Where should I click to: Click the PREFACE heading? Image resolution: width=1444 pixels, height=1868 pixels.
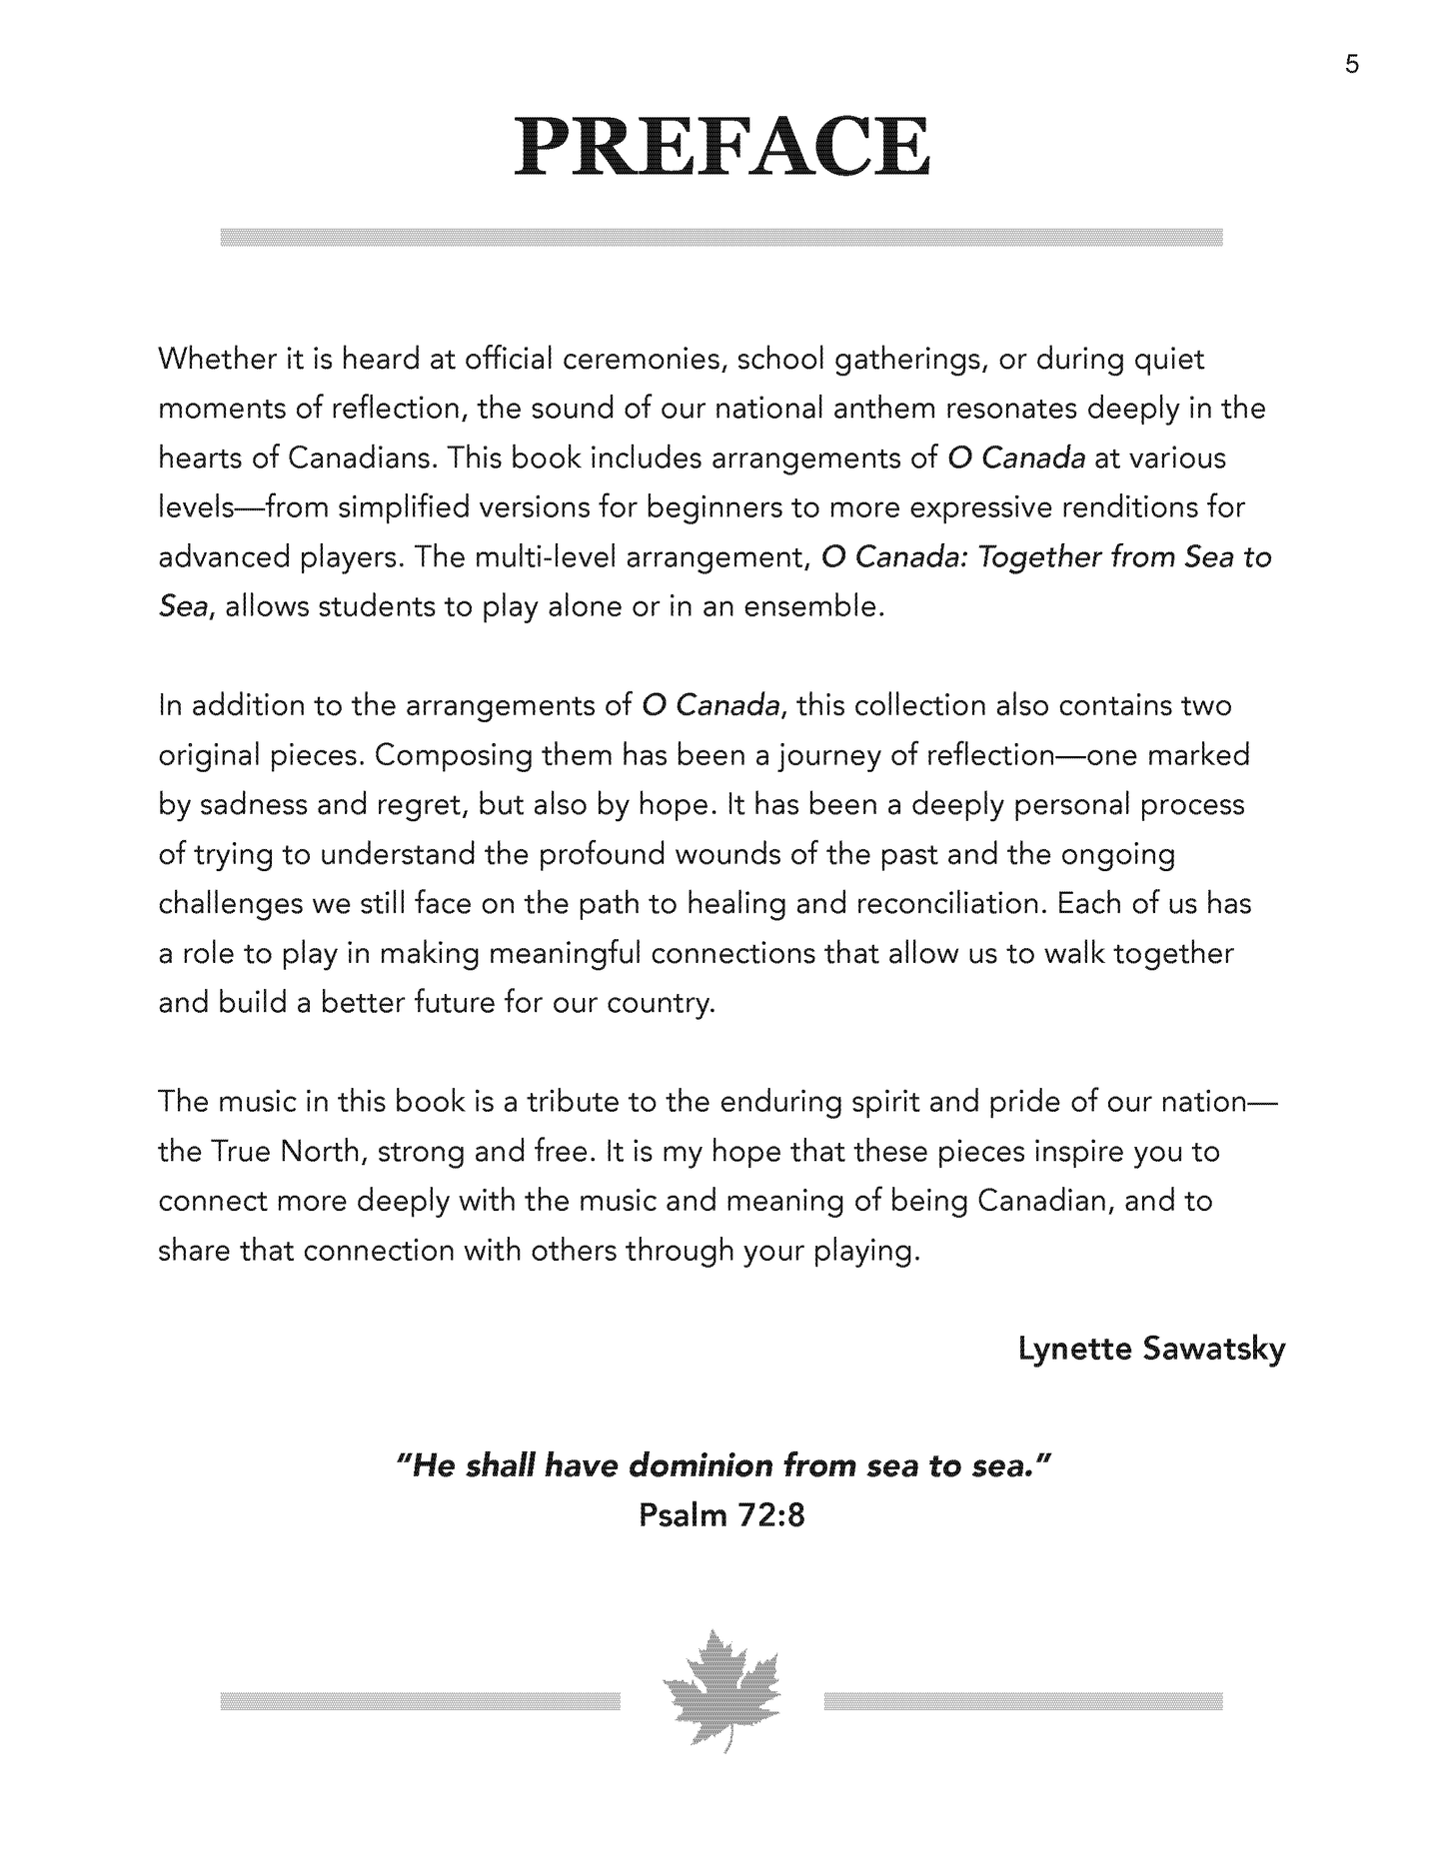tap(722, 148)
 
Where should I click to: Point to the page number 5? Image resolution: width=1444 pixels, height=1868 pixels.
tap(1352, 66)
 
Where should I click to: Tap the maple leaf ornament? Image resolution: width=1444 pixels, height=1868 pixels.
tap(722, 1701)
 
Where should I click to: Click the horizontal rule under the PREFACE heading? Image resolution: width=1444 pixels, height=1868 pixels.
tap(722, 237)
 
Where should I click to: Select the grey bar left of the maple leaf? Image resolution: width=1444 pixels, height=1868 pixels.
tap(420, 1701)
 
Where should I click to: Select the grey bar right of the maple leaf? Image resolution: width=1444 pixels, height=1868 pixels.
tap(1023, 1701)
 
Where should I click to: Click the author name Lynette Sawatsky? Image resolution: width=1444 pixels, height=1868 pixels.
tap(1151, 1350)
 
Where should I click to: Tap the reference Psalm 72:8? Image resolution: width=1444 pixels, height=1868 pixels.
tap(722, 1515)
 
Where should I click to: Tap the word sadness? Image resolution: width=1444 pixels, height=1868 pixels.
tap(245, 804)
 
